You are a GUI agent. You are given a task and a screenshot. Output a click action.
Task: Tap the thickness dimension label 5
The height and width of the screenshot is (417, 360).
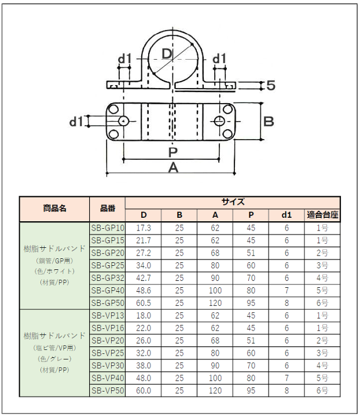click(x=270, y=86)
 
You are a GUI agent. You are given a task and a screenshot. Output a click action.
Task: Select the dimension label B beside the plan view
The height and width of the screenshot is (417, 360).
click(x=269, y=121)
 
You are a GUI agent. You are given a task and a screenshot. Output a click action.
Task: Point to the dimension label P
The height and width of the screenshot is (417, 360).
click(x=172, y=152)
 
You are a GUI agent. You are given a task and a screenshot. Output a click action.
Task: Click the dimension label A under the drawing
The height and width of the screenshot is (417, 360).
click(x=172, y=168)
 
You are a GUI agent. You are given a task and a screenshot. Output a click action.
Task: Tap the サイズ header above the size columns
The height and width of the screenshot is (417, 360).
click(x=233, y=202)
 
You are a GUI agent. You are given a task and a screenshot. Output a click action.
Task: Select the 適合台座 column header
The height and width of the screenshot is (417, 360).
click(x=322, y=215)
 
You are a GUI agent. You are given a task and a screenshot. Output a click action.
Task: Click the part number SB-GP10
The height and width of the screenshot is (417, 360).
click(x=108, y=228)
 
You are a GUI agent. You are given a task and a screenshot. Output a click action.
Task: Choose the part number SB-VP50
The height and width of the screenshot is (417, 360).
click(x=108, y=391)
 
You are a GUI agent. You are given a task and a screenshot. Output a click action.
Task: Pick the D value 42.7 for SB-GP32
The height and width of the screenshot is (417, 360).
click(x=144, y=278)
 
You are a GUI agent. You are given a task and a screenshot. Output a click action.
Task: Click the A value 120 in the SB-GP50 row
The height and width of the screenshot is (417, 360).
click(x=215, y=303)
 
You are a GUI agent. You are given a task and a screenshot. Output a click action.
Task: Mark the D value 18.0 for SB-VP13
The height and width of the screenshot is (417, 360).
click(x=144, y=316)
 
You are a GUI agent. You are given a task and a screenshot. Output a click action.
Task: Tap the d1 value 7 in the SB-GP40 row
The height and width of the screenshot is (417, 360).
click(x=286, y=291)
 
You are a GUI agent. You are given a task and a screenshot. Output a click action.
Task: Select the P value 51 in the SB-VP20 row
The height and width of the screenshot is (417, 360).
click(x=251, y=341)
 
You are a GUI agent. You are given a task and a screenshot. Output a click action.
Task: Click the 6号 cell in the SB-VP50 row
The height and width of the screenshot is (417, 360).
click(x=322, y=391)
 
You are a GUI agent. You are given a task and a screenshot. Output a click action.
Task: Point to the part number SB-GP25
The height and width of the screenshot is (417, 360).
click(x=108, y=265)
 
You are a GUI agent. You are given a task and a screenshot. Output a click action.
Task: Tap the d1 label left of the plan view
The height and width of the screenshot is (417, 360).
click(x=76, y=121)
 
